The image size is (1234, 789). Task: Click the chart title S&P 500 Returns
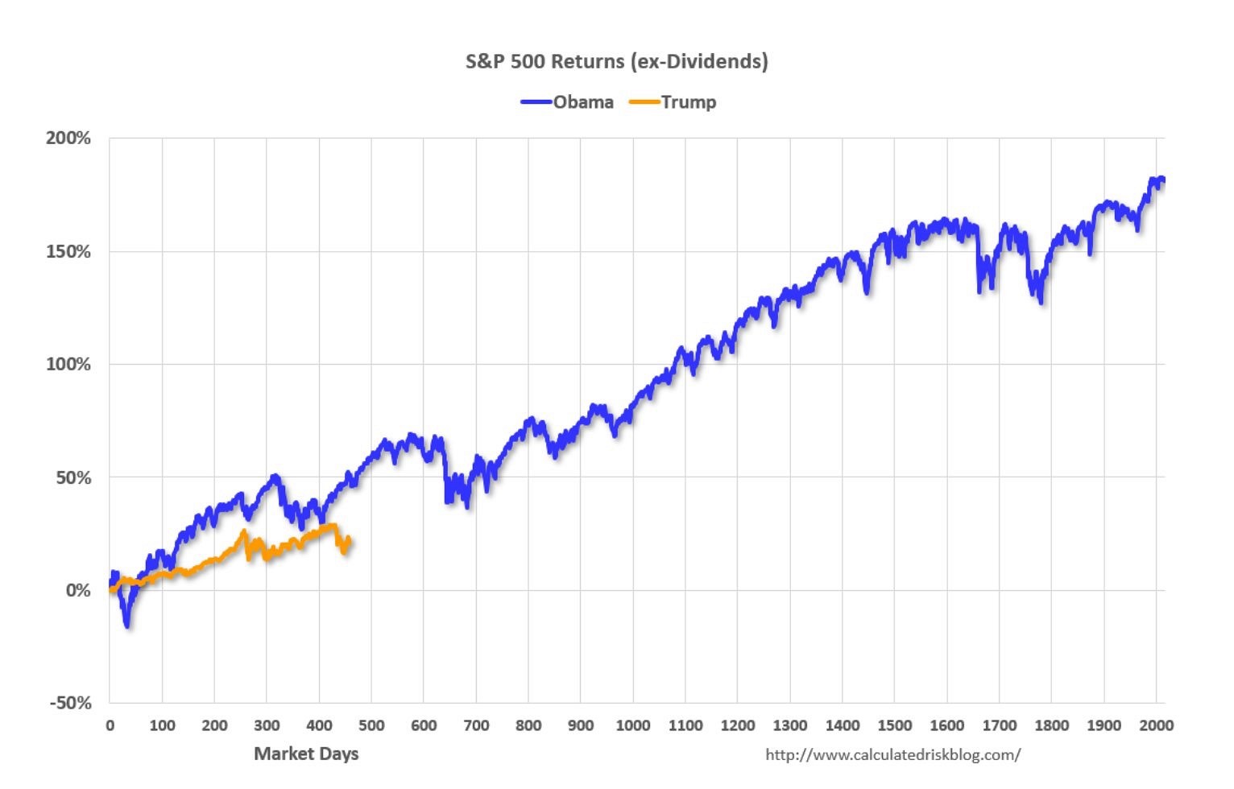tap(616, 61)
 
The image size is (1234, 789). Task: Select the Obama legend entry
tap(582, 102)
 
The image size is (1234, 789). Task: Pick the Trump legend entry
tap(688, 102)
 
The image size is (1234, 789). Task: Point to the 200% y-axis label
tap(68, 138)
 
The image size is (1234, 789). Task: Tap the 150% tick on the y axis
tap(68, 252)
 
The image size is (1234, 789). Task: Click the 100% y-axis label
tap(68, 365)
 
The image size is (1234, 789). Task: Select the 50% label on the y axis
tap(73, 477)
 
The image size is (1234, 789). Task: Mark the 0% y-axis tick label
tap(78, 590)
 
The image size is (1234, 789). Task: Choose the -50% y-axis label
tap(70, 703)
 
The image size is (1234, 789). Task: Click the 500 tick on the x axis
tap(371, 725)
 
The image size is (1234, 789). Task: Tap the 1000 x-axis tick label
tap(633, 725)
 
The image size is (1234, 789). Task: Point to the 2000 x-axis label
tap(1156, 725)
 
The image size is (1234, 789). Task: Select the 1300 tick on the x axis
tap(790, 725)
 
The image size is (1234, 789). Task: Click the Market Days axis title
tap(306, 754)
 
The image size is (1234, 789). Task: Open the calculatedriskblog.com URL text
tap(892, 755)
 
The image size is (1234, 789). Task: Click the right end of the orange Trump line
tap(350, 541)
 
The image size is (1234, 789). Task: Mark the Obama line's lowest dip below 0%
tap(126, 625)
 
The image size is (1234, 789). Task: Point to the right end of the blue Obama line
tap(1163, 180)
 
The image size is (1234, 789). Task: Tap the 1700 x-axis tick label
tap(999, 725)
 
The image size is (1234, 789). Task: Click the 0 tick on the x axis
tap(110, 725)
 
